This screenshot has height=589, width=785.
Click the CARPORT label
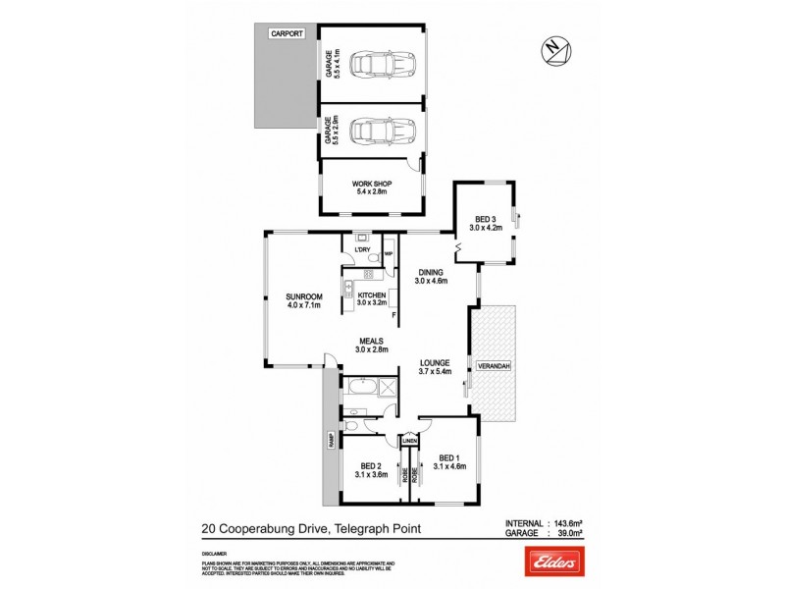(289, 33)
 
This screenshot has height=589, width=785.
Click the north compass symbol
(551, 48)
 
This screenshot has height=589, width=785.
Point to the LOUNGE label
(433, 366)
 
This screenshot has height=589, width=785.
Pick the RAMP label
(331, 444)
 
